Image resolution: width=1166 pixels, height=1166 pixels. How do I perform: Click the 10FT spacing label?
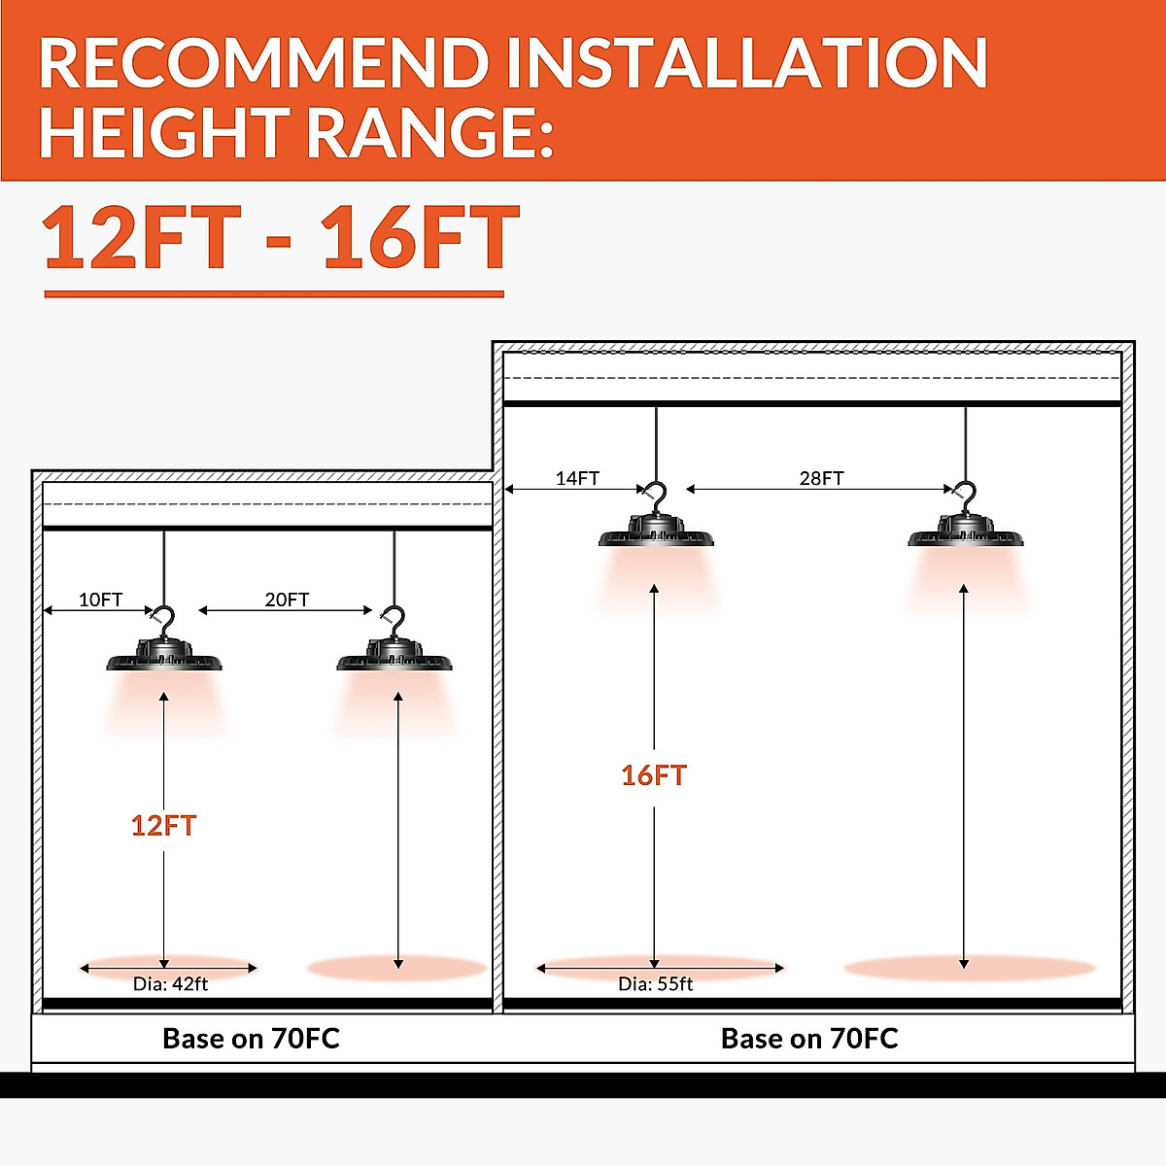[x=101, y=600]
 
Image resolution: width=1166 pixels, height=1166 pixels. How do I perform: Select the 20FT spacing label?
[x=287, y=600]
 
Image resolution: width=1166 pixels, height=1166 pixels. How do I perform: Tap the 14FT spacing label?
[x=577, y=478]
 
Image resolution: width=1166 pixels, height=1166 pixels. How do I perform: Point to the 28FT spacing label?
[x=821, y=478]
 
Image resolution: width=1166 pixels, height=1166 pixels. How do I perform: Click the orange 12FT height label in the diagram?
[x=163, y=826]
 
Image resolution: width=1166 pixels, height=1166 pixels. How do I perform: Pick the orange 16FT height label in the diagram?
[x=654, y=775]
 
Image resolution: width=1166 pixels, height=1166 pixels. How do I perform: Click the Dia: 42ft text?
[x=170, y=983]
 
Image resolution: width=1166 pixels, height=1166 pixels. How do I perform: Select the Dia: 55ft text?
[x=655, y=983]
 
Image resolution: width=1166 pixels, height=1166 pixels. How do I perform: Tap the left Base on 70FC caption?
[x=251, y=1039]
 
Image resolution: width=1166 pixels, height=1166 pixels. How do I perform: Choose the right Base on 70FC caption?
[x=809, y=1039]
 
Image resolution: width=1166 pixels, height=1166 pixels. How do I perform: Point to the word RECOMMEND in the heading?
[x=262, y=64]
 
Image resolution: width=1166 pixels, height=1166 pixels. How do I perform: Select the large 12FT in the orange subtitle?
[x=142, y=239]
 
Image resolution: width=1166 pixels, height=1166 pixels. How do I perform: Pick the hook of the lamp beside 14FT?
[x=657, y=497]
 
